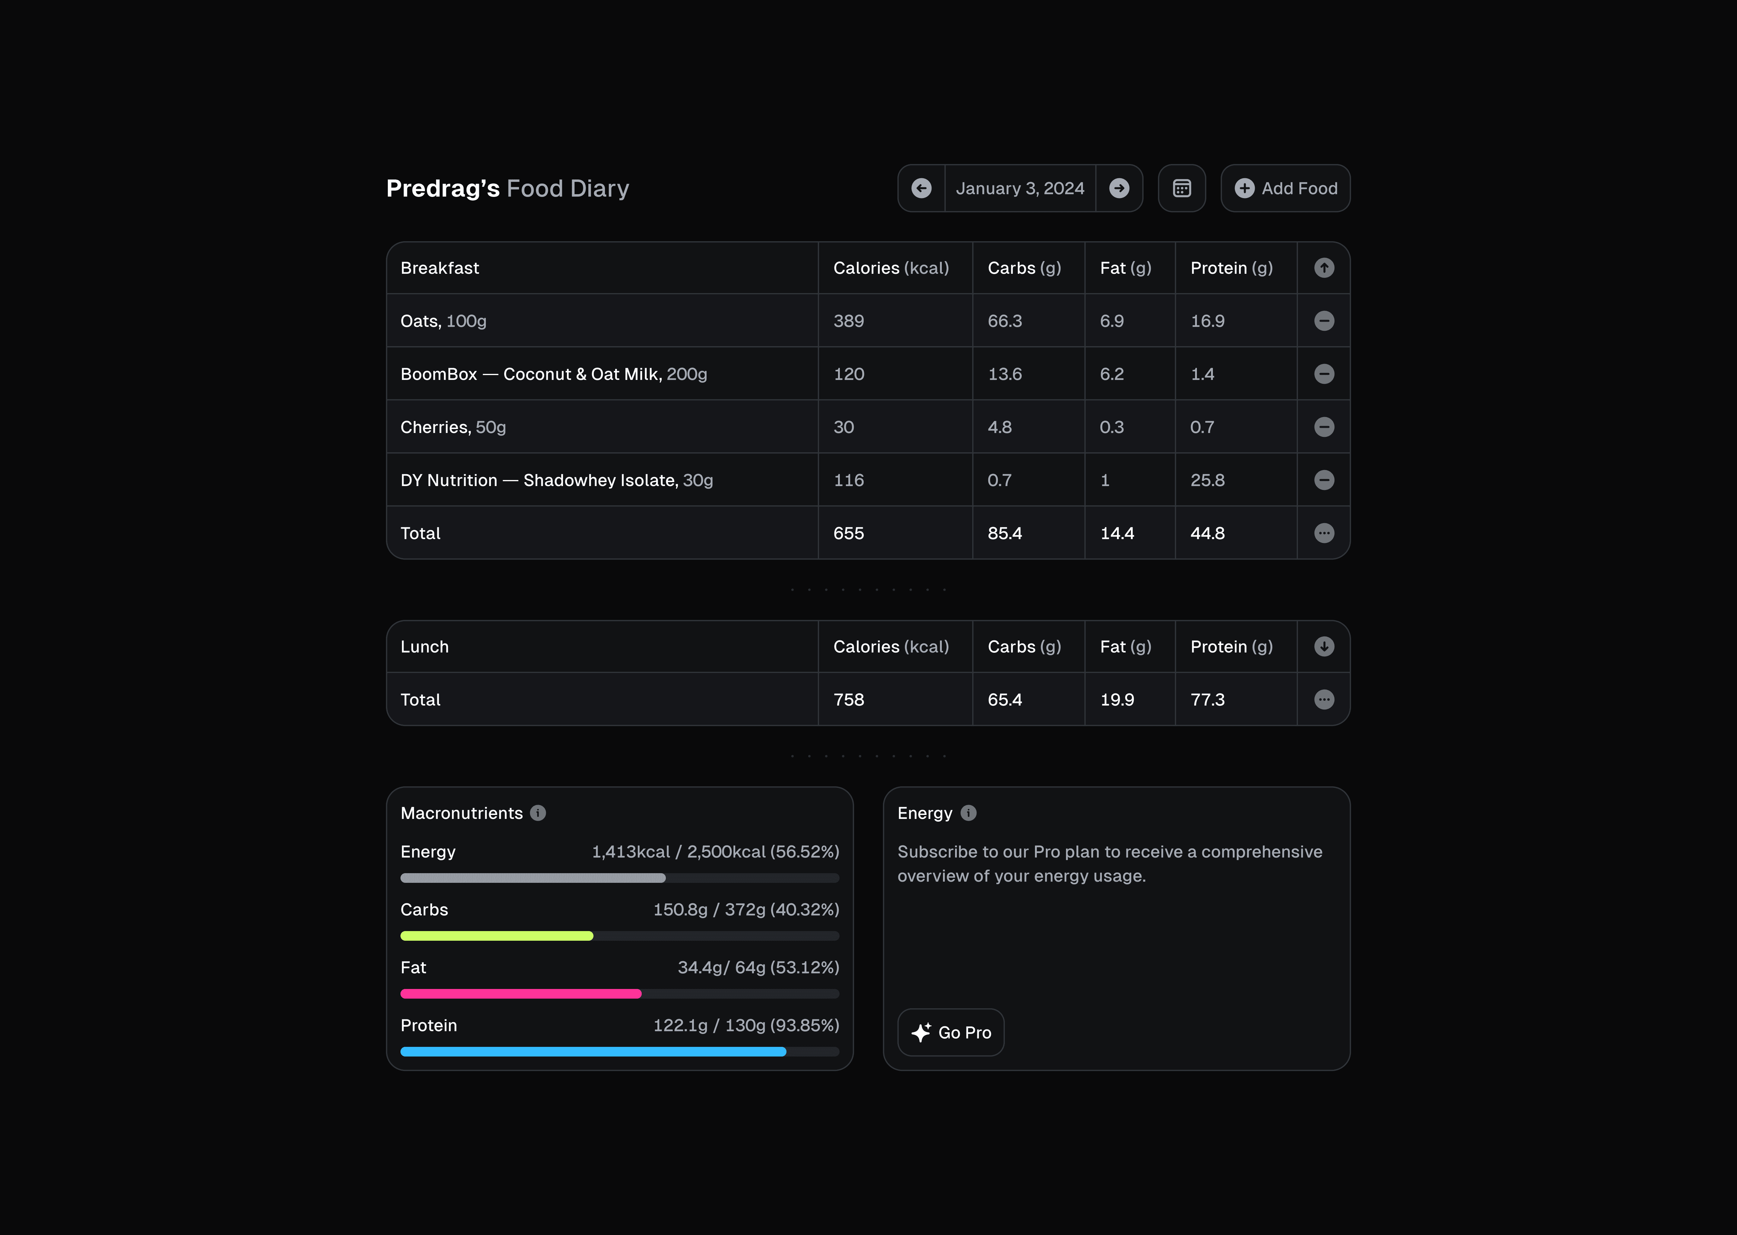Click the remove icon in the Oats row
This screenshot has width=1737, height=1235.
click(x=1324, y=321)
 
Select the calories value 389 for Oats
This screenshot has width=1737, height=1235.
click(x=849, y=321)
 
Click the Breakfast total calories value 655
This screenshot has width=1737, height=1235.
click(x=849, y=533)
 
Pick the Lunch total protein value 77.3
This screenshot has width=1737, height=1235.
click(x=1208, y=700)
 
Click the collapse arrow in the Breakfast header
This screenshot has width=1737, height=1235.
click(x=1324, y=268)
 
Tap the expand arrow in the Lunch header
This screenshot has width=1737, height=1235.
click(x=1324, y=646)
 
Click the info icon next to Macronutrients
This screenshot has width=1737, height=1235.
click(x=538, y=813)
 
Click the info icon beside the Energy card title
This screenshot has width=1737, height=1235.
click(x=968, y=813)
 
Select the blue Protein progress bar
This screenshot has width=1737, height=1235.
click(x=593, y=1052)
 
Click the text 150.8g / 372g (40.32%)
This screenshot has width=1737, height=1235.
click(x=746, y=910)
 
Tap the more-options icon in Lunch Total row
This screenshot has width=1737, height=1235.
click(x=1324, y=700)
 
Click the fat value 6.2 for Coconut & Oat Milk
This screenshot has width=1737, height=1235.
click(x=1112, y=374)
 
